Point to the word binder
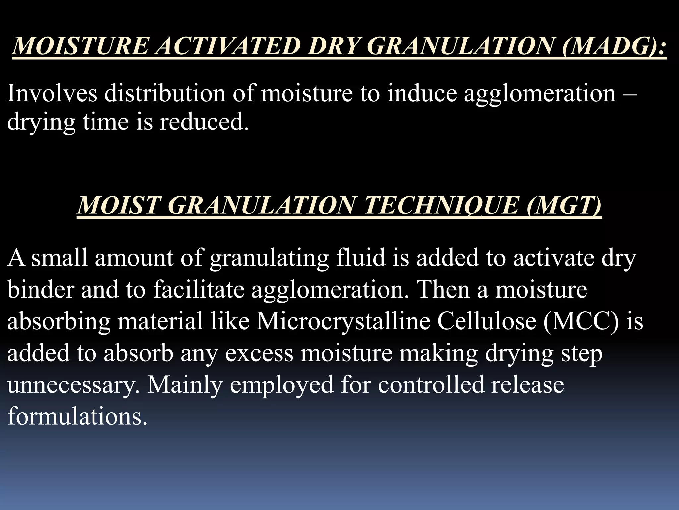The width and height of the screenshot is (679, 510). pos(40,289)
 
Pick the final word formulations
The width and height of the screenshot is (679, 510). pos(77,416)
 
